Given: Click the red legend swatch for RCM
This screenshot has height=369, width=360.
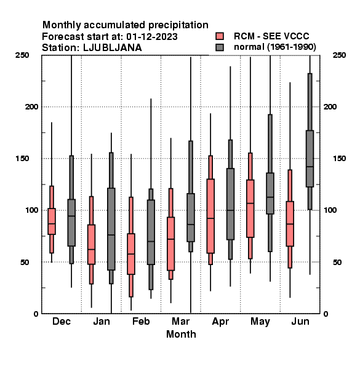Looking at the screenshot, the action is (220, 36).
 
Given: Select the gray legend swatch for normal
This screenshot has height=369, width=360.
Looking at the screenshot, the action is (220, 47).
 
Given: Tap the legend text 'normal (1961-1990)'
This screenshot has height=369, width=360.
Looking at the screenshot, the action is (275, 47).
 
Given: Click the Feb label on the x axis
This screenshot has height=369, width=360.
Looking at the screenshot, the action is (141, 321).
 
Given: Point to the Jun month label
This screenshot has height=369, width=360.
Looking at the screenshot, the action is (300, 321).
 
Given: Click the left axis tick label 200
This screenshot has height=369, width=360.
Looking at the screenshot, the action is (31, 106).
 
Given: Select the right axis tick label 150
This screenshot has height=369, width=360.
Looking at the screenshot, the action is (339, 159).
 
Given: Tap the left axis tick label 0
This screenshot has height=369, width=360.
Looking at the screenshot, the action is (36, 314).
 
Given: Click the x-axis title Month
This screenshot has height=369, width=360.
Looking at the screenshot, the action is (181, 334).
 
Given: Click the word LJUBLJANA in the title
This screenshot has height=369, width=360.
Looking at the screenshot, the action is (113, 48).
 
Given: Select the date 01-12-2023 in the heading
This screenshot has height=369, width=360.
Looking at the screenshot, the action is (152, 37).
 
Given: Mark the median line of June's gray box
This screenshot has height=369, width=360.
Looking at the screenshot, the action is (310, 167).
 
